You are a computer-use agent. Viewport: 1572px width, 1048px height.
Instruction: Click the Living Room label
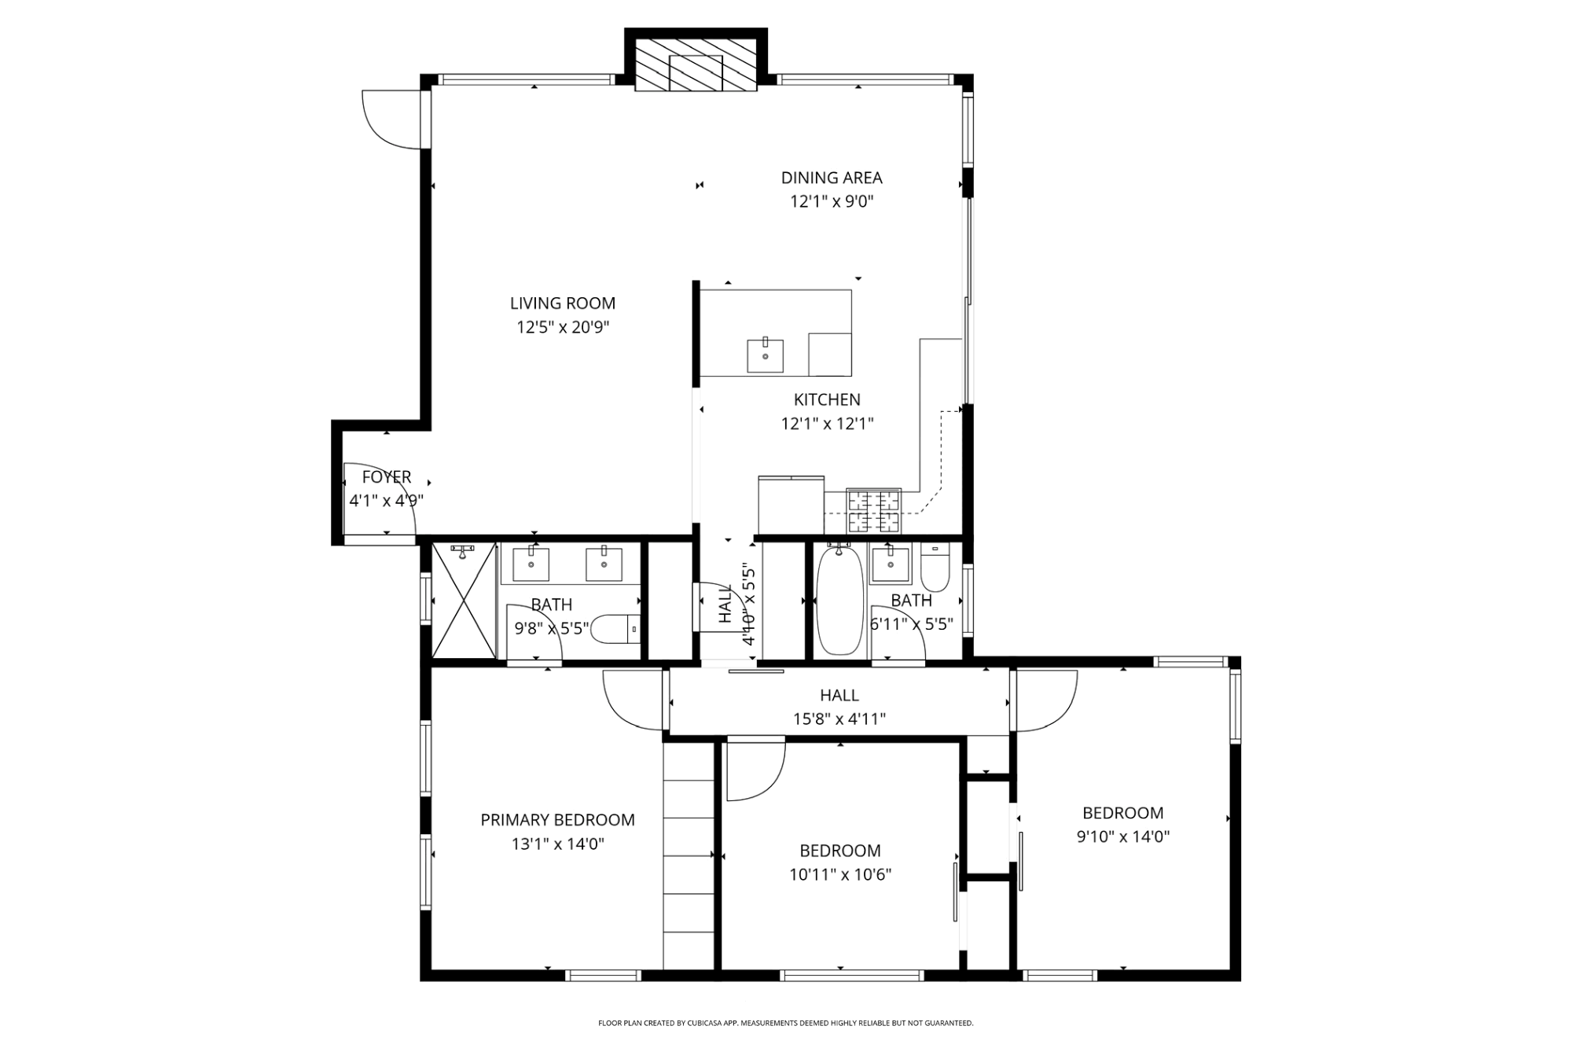click(x=563, y=303)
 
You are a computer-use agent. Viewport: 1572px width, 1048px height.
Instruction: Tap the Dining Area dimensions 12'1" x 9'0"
click(x=832, y=201)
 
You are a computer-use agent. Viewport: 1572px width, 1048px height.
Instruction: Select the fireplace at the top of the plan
click(x=696, y=61)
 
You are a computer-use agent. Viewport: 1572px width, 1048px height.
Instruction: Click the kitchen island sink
click(x=765, y=355)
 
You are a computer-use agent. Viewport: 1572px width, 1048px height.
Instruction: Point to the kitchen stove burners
click(x=873, y=509)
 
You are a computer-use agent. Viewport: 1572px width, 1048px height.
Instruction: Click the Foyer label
click(x=387, y=477)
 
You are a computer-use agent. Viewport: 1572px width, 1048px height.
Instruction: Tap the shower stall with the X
click(x=465, y=600)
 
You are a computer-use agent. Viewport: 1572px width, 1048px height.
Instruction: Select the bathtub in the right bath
click(x=840, y=601)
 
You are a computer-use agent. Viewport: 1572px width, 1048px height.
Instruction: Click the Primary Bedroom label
click(x=557, y=820)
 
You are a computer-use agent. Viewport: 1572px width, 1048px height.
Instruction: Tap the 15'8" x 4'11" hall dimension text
click(x=839, y=719)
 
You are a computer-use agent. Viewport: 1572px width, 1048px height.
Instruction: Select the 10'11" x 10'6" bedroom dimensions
click(x=840, y=874)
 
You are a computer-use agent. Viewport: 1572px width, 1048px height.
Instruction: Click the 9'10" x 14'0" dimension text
click(x=1123, y=837)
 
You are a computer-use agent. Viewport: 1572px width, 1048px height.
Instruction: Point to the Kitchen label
click(x=827, y=399)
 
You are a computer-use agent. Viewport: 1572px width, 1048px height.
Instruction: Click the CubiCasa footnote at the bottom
click(x=786, y=1023)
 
